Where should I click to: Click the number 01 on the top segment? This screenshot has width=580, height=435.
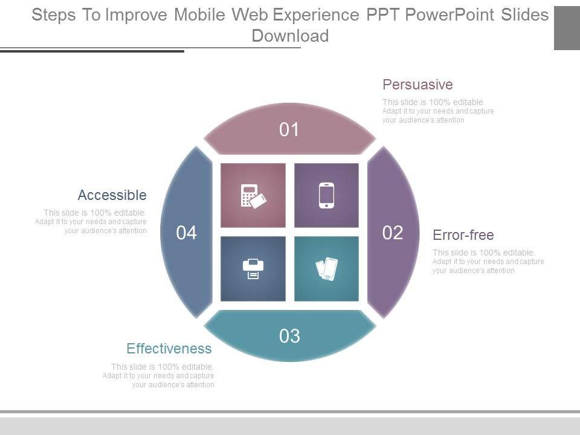(x=289, y=129)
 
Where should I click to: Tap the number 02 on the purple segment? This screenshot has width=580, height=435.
(x=393, y=233)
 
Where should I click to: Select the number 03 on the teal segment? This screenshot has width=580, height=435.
(x=289, y=336)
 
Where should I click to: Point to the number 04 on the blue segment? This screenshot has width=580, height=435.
(x=186, y=233)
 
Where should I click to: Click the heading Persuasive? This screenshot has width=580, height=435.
(x=417, y=85)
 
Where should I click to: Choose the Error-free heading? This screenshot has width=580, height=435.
(x=463, y=235)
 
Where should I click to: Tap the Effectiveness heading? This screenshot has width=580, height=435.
(x=169, y=349)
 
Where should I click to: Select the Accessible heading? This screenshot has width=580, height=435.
(x=112, y=195)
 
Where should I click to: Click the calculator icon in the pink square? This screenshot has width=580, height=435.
(x=253, y=196)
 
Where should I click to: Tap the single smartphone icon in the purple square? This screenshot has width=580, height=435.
(x=326, y=195)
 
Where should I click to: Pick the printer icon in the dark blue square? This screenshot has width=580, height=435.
(x=253, y=269)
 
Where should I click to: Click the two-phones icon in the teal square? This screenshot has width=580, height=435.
(x=327, y=269)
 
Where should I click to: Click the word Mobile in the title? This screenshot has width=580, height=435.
(x=199, y=14)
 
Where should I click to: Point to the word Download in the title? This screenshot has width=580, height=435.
(x=290, y=36)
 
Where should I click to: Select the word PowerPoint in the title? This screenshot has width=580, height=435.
(x=449, y=14)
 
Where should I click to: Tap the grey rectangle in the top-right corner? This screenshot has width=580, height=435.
(x=567, y=28)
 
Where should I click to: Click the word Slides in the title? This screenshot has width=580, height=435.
(x=525, y=14)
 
